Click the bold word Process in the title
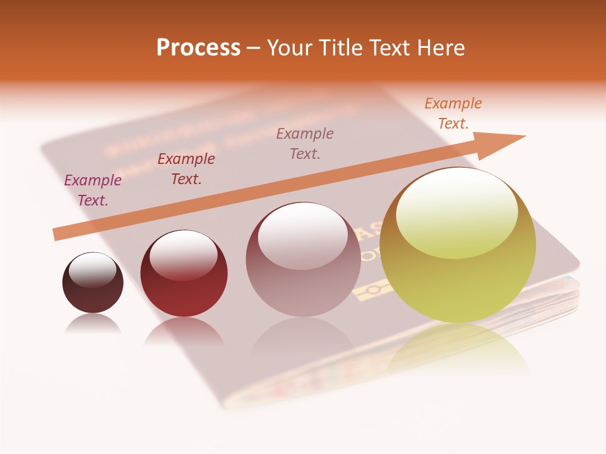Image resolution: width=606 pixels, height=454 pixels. pyautogui.click(x=198, y=48)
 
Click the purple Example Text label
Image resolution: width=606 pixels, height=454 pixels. pyautogui.click(x=93, y=190)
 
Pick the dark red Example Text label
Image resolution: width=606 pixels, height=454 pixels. pyautogui.click(x=186, y=169)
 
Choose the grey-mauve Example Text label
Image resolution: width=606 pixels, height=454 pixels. pyautogui.click(x=305, y=143)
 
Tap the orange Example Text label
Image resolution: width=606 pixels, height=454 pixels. pyautogui.click(x=453, y=113)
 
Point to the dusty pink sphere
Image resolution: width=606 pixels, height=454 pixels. pyautogui.click(x=303, y=277)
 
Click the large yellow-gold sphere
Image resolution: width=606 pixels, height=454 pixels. pyautogui.click(x=458, y=277)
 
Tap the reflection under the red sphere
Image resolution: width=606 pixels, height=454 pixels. pyautogui.click(x=184, y=331)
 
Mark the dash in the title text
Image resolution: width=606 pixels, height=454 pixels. pyautogui.click(x=254, y=49)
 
